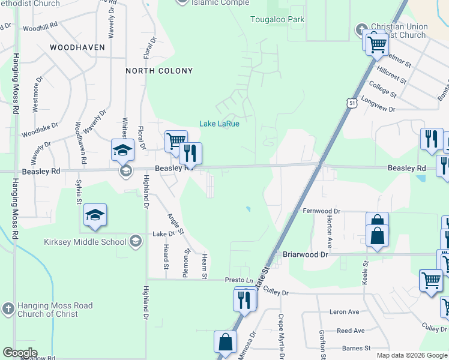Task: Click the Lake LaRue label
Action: tap(220, 124)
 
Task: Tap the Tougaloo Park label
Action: tap(277, 20)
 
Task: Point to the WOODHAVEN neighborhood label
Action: tap(77, 47)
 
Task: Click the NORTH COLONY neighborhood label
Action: tap(159, 71)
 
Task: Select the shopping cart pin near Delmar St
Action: tap(377, 44)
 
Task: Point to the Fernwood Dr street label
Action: tap(321, 211)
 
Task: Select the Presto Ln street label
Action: tap(239, 280)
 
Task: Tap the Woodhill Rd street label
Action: tap(40, 27)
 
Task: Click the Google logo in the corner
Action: tap(20, 353)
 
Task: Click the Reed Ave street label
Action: tap(351, 331)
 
